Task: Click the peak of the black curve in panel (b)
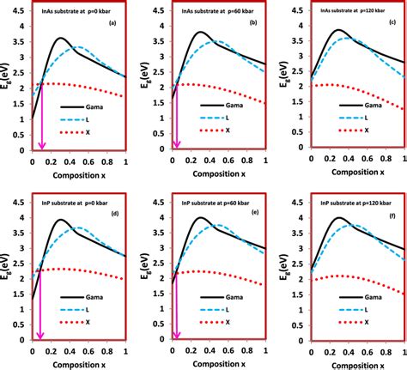(199, 33)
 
